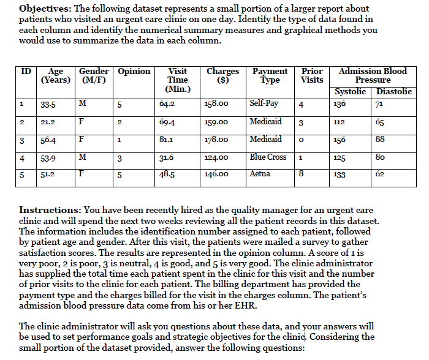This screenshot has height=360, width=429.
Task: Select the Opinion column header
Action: [x=134, y=72]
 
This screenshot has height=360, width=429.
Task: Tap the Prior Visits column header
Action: [x=312, y=75]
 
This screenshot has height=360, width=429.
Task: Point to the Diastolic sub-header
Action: [x=394, y=92]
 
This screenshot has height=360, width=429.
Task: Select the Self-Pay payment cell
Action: [x=264, y=103]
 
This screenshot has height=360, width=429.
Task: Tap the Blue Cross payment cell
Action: [x=268, y=157]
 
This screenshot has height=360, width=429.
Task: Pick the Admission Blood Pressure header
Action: [x=373, y=76]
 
